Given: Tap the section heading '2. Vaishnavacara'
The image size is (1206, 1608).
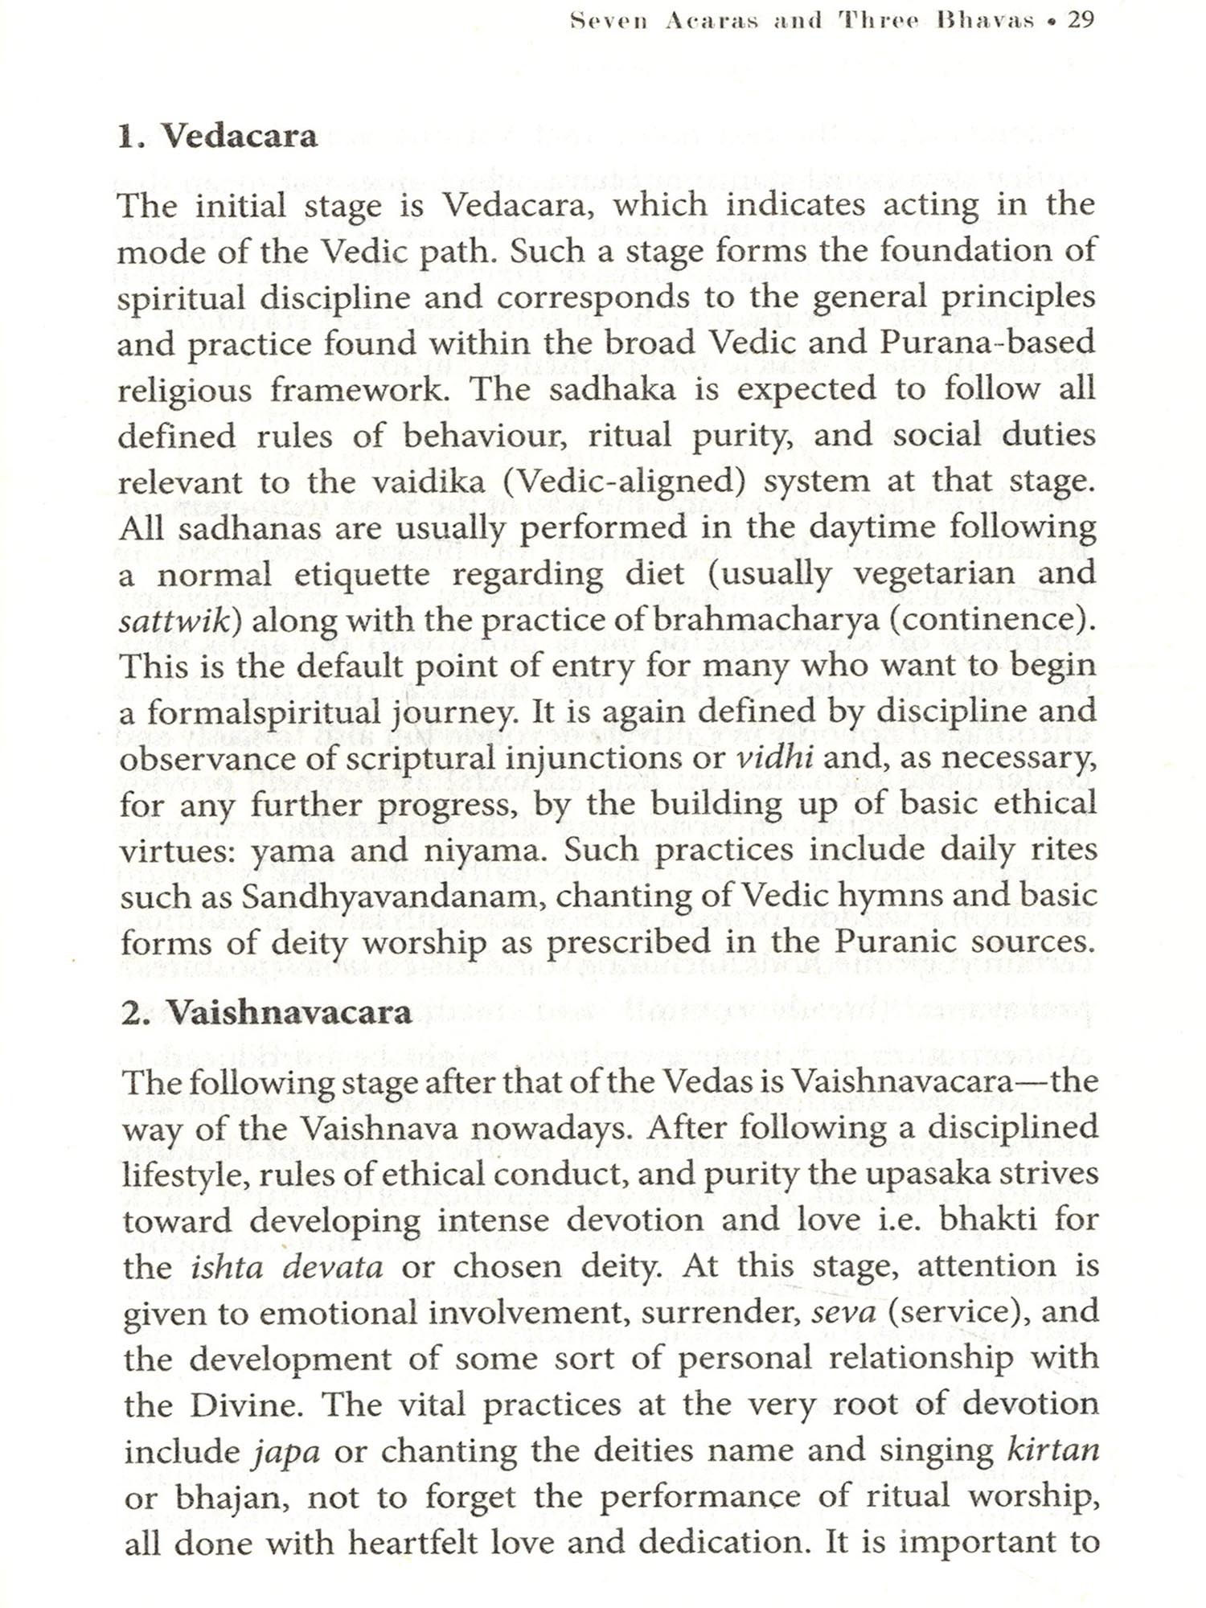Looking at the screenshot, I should pyautogui.click(x=266, y=1012).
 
